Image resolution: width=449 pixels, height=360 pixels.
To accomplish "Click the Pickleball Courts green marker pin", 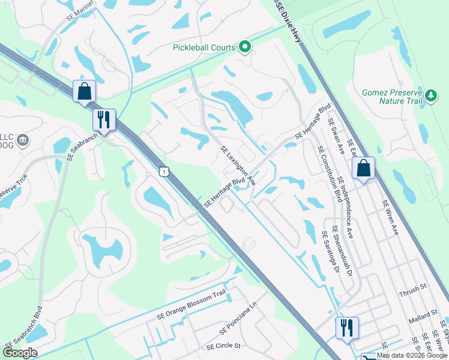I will point(245,47).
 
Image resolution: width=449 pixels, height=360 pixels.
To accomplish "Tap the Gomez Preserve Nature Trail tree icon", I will point(430,96).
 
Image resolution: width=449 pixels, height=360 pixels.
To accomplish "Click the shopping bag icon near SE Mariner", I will point(85,91).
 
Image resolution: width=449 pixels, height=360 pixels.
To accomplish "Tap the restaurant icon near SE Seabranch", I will point(103,119).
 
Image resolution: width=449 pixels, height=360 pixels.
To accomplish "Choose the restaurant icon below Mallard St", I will point(346,328).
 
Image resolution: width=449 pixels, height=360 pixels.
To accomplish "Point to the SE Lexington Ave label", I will point(238,165).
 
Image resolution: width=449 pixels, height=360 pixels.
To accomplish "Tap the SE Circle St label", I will point(223,346).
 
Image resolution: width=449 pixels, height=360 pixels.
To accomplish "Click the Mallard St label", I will point(424,314).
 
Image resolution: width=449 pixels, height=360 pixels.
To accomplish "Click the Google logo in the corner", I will point(20,352).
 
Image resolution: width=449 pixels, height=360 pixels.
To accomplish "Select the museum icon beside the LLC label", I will point(23,141).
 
